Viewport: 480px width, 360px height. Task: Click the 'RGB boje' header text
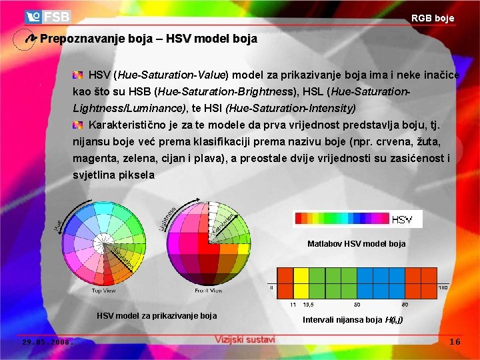tap(432, 19)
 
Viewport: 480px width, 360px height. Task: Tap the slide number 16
tap(455, 341)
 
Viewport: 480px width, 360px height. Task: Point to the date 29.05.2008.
tap(47, 342)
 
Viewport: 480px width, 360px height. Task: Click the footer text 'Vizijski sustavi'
tap(245, 339)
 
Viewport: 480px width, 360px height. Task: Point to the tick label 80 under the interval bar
tap(405, 305)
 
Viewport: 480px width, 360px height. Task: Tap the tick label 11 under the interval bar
tap(293, 305)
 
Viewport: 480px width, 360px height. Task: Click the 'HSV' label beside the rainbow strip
tap(402, 219)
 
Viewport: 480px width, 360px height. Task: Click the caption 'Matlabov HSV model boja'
tap(356, 244)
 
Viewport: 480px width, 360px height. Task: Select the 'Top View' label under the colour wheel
tap(104, 291)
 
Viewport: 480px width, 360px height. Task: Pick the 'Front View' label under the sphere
tap(209, 291)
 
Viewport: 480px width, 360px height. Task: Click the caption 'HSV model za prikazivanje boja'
tap(157, 315)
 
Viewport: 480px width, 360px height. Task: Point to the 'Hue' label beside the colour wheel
tap(58, 225)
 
